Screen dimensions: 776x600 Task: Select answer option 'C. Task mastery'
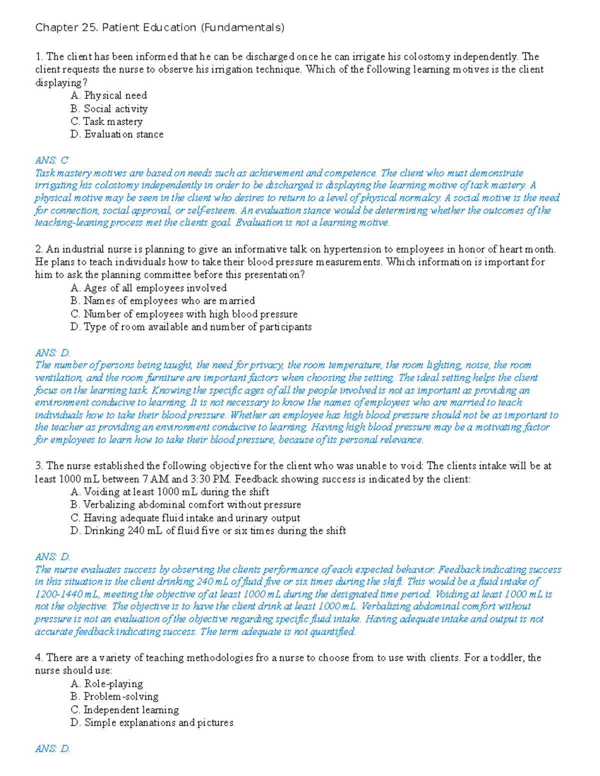click(x=106, y=121)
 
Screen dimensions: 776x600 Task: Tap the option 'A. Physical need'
click(x=108, y=95)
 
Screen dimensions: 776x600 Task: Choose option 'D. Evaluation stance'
click(x=117, y=134)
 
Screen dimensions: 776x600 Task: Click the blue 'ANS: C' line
click(x=51, y=160)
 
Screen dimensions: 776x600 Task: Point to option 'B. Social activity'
click(x=109, y=108)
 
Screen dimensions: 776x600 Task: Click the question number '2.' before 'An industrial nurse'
click(x=39, y=249)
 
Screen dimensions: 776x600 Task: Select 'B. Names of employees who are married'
click(x=162, y=301)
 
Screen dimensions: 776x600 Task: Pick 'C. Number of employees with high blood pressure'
click(x=184, y=314)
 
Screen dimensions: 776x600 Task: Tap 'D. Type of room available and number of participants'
click(x=191, y=327)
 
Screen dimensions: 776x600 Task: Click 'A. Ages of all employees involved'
click(x=148, y=288)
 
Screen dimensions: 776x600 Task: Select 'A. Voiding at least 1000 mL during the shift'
click(x=169, y=492)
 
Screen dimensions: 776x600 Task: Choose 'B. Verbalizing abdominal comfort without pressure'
click(x=185, y=505)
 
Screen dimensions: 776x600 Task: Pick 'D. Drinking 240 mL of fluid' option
click(x=208, y=531)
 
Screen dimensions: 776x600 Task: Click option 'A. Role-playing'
click(x=106, y=684)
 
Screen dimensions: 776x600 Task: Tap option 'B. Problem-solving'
click(x=114, y=697)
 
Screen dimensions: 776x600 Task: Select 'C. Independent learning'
click(x=124, y=710)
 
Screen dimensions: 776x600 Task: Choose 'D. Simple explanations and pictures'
click(x=152, y=723)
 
